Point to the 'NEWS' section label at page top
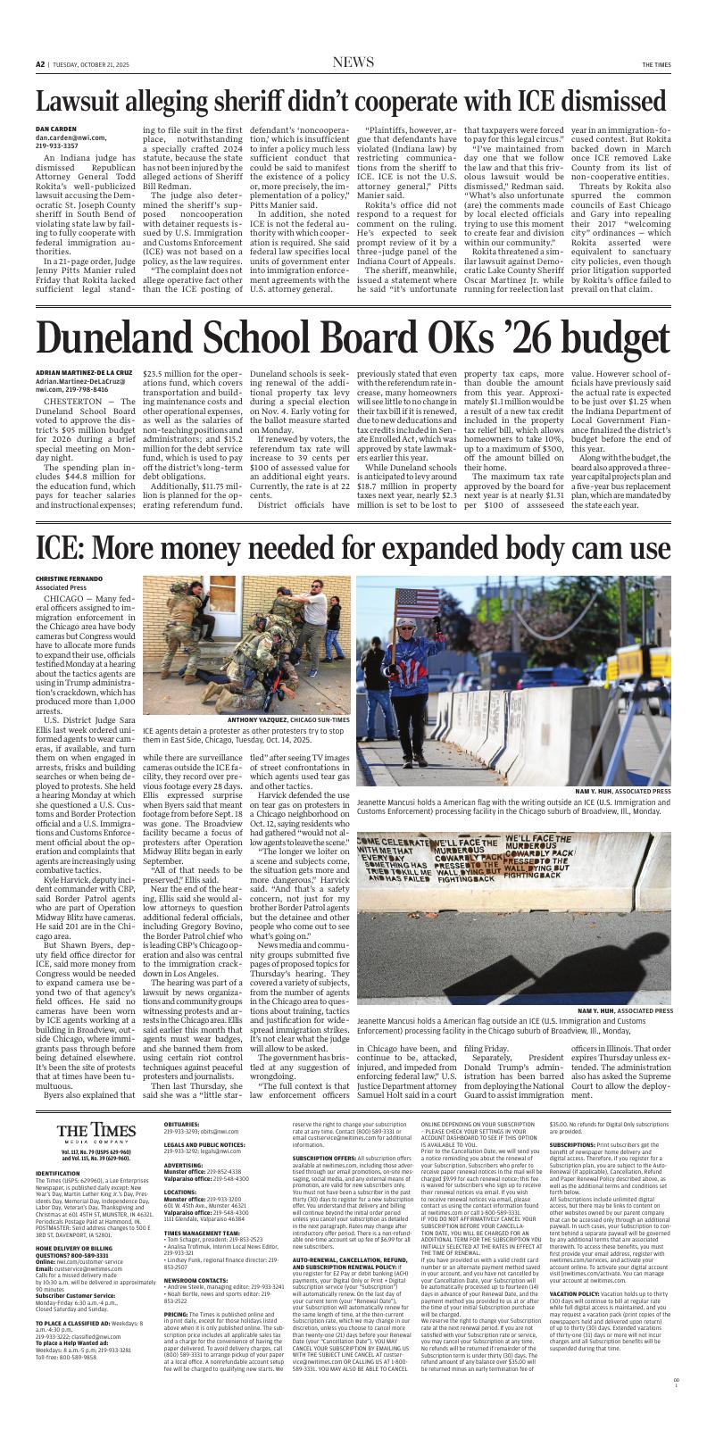pyautogui.click(x=353, y=62)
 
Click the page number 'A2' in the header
pyautogui.click(x=41, y=64)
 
